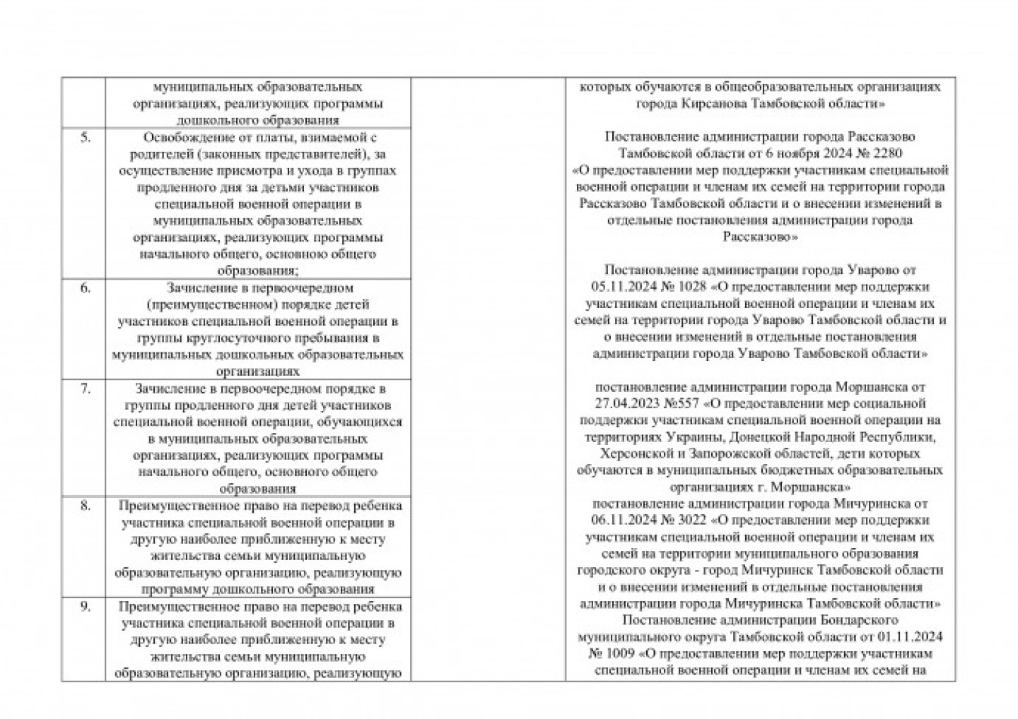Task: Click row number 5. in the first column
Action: coord(85,137)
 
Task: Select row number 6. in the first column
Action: coord(85,287)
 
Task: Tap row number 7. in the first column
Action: coord(85,388)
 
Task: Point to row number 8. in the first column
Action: coord(85,505)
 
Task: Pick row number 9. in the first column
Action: coord(85,606)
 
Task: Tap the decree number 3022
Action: coord(691,521)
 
